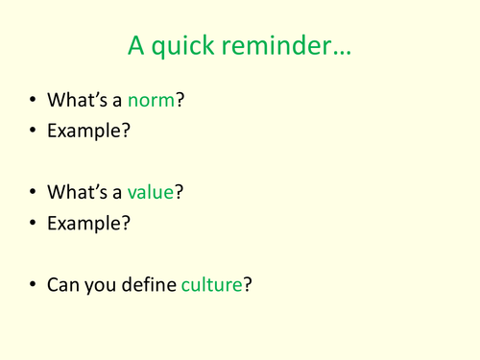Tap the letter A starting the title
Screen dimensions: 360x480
point(136,45)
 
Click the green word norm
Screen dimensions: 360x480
point(152,99)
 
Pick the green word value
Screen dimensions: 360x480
point(151,192)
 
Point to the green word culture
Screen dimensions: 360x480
point(211,285)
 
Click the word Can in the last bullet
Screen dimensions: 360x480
point(63,285)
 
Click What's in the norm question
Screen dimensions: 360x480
point(76,99)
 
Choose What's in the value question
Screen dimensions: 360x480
point(76,192)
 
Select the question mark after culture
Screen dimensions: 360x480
point(248,285)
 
